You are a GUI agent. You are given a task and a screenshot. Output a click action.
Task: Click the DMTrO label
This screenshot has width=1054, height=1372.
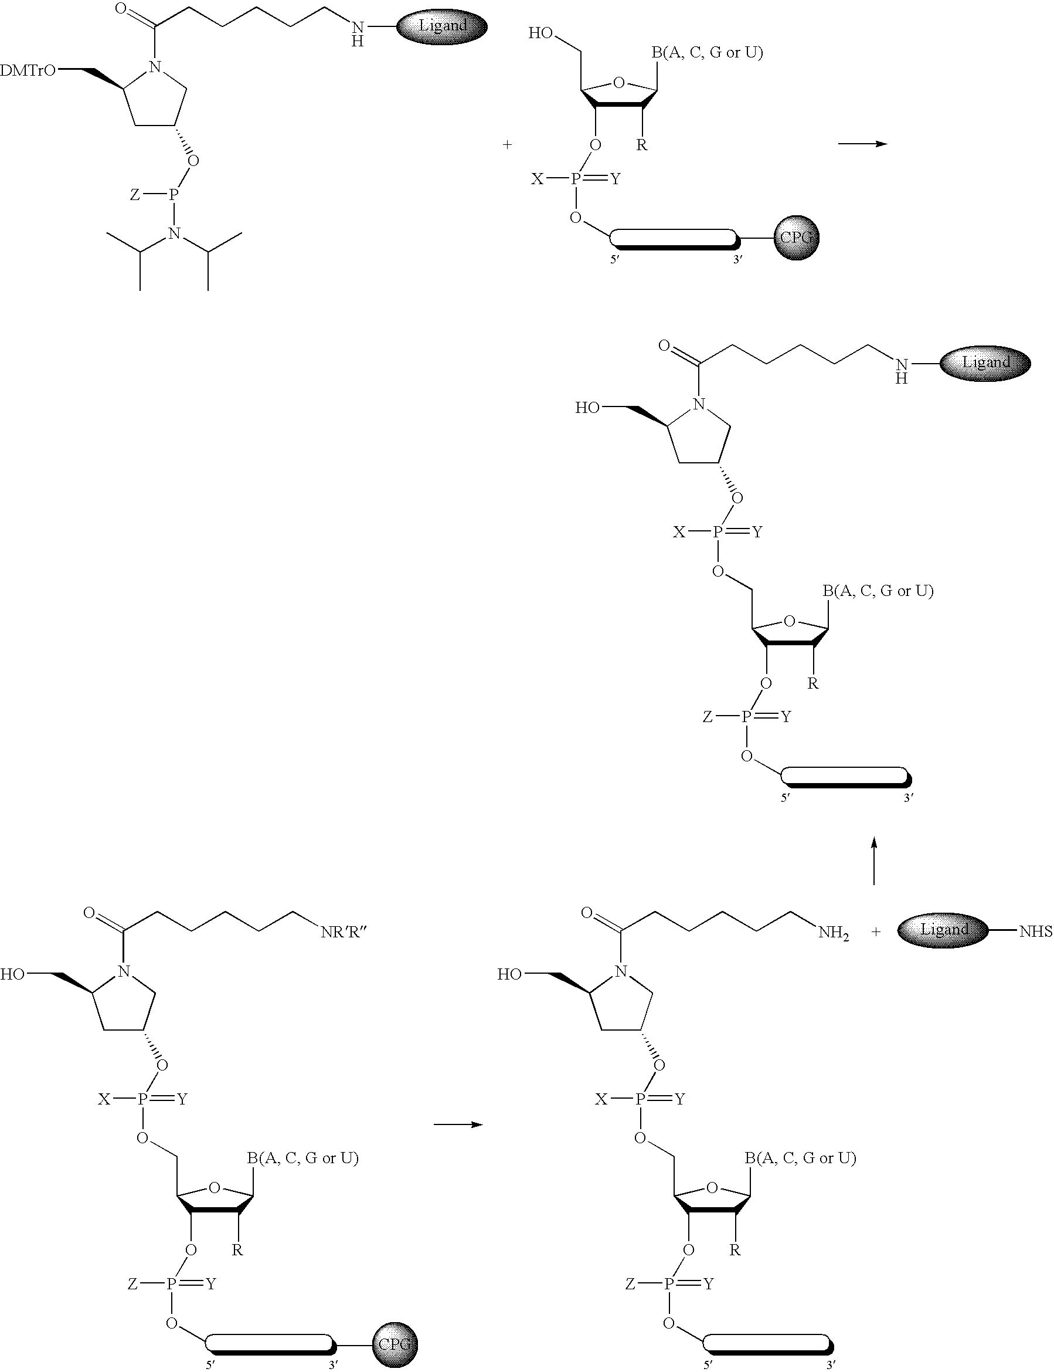(x=28, y=71)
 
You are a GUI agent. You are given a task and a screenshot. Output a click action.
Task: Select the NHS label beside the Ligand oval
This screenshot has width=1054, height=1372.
(x=1036, y=931)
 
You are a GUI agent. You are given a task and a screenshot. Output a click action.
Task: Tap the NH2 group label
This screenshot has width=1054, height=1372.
(x=833, y=933)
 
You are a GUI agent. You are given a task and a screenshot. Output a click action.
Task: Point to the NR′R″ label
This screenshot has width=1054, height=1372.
(x=344, y=932)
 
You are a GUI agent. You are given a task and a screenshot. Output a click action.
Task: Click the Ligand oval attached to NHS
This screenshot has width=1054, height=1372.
(x=943, y=930)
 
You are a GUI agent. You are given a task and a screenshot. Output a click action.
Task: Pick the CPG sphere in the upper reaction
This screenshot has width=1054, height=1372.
(x=796, y=237)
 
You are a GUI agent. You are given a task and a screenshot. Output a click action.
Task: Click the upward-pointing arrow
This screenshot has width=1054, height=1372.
(x=874, y=860)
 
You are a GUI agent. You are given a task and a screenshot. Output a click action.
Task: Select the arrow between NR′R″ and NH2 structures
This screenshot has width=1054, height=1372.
(x=458, y=1124)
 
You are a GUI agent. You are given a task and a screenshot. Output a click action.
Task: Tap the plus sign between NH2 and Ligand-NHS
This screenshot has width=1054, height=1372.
(x=876, y=931)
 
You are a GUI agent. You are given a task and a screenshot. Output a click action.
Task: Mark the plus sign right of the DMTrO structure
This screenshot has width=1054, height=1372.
(x=507, y=144)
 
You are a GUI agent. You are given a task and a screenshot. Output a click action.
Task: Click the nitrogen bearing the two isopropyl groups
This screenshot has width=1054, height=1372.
(x=175, y=234)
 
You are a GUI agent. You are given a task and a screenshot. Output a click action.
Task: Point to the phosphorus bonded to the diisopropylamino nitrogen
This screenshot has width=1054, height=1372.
(x=174, y=196)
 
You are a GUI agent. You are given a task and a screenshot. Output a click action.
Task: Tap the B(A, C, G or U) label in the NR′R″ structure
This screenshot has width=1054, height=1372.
(x=302, y=1158)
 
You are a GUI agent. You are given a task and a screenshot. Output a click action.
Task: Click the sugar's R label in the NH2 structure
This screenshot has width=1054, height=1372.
(x=735, y=1249)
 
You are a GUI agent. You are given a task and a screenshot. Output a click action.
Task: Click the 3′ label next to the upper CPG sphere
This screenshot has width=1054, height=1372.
(x=738, y=259)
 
